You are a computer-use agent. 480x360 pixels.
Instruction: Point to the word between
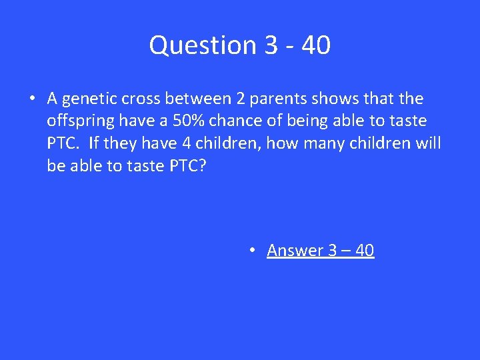(x=195, y=99)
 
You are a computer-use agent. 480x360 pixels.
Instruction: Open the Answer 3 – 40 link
(x=320, y=250)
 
